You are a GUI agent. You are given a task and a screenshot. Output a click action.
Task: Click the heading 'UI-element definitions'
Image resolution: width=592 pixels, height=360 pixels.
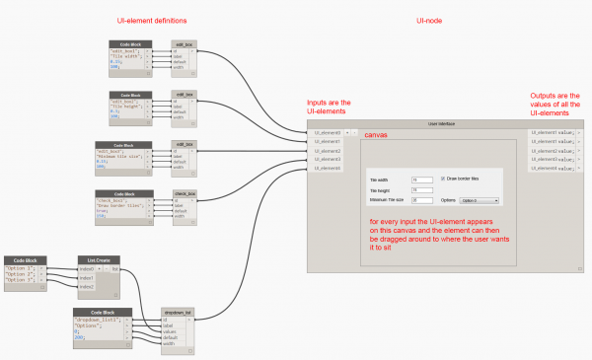154,21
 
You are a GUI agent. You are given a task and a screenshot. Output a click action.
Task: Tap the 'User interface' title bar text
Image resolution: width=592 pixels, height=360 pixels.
444,123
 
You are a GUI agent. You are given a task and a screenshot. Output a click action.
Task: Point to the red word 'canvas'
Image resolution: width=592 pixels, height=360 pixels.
375,135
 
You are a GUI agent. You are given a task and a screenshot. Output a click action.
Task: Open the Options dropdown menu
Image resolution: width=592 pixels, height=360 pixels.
480,200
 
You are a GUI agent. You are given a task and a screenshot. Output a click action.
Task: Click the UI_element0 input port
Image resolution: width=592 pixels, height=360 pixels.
327,132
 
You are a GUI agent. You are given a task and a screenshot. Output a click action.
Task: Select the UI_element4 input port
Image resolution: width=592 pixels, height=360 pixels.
327,168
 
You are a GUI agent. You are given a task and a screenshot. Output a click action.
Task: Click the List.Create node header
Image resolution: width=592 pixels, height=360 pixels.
99,260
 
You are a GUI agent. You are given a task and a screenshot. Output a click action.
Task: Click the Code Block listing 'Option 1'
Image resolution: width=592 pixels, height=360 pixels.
25,267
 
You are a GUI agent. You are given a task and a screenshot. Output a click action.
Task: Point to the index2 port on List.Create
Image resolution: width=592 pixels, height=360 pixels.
89,286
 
